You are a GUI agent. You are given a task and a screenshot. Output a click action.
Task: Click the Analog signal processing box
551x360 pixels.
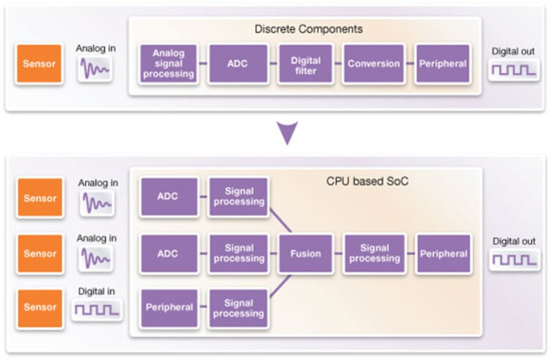pyautogui.click(x=169, y=64)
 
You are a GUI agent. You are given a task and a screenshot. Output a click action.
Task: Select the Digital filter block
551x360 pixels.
pyautogui.click(x=305, y=64)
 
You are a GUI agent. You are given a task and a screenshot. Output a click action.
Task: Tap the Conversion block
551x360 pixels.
pyautogui.click(x=373, y=64)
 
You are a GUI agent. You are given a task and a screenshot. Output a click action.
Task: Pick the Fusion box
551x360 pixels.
pyautogui.click(x=305, y=253)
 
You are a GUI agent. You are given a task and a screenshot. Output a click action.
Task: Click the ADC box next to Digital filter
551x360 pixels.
pyautogui.click(x=237, y=64)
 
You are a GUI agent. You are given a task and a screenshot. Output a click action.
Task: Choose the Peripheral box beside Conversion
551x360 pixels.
pyautogui.click(x=442, y=64)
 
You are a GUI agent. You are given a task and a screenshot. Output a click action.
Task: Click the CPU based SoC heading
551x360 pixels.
pyautogui.click(x=367, y=182)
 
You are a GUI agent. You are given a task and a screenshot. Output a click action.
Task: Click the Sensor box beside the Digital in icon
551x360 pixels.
pyautogui.click(x=40, y=307)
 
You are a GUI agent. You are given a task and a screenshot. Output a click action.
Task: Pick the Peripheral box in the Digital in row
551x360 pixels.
pyautogui.click(x=169, y=307)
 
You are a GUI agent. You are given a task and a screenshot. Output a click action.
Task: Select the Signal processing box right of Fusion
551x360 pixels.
pyautogui.click(x=374, y=253)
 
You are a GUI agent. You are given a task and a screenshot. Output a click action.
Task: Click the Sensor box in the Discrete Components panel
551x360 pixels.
pyautogui.click(x=40, y=64)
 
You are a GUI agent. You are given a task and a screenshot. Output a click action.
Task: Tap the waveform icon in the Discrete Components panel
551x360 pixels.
pyautogui.click(x=95, y=69)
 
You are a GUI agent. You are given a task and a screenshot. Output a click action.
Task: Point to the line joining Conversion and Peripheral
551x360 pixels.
pyautogui.click(x=410, y=64)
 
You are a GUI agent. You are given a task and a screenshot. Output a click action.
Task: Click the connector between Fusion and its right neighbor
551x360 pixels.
pyautogui.click(x=338, y=253)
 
